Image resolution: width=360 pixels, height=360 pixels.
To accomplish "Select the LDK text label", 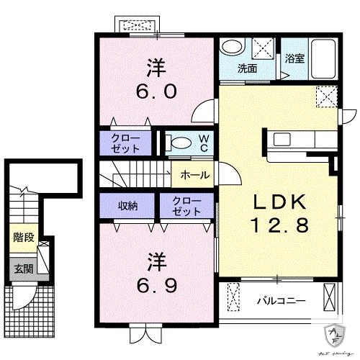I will [279, 202].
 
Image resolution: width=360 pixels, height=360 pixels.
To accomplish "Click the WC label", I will [204, 142].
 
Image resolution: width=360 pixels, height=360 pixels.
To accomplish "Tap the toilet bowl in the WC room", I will [180, 143].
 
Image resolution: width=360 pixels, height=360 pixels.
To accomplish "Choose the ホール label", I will [195, 175].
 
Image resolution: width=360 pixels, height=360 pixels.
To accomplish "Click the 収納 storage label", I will [128, 205].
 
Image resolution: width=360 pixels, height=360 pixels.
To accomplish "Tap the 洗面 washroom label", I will [248, 69].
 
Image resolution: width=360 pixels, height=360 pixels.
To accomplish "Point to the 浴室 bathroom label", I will [294, 59].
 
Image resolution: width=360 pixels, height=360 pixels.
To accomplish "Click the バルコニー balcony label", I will [282, 300].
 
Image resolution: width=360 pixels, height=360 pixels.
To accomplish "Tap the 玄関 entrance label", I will [23, 269].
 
